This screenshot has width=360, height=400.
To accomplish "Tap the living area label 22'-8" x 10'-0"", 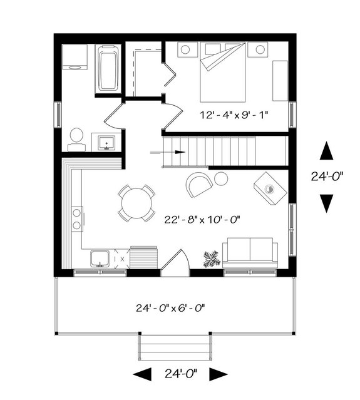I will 202,220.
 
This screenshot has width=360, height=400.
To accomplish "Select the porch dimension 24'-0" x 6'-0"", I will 171,308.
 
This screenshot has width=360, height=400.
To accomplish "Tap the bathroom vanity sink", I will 106,143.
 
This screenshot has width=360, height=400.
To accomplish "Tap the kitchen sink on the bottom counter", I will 100,258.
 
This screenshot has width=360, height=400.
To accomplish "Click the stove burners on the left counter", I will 77,219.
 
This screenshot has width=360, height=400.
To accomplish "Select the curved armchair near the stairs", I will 199,184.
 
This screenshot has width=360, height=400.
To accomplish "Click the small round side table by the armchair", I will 221,179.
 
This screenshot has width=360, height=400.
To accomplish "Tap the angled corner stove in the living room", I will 270,187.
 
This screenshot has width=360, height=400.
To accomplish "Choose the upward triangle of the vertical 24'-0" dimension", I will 326,152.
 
